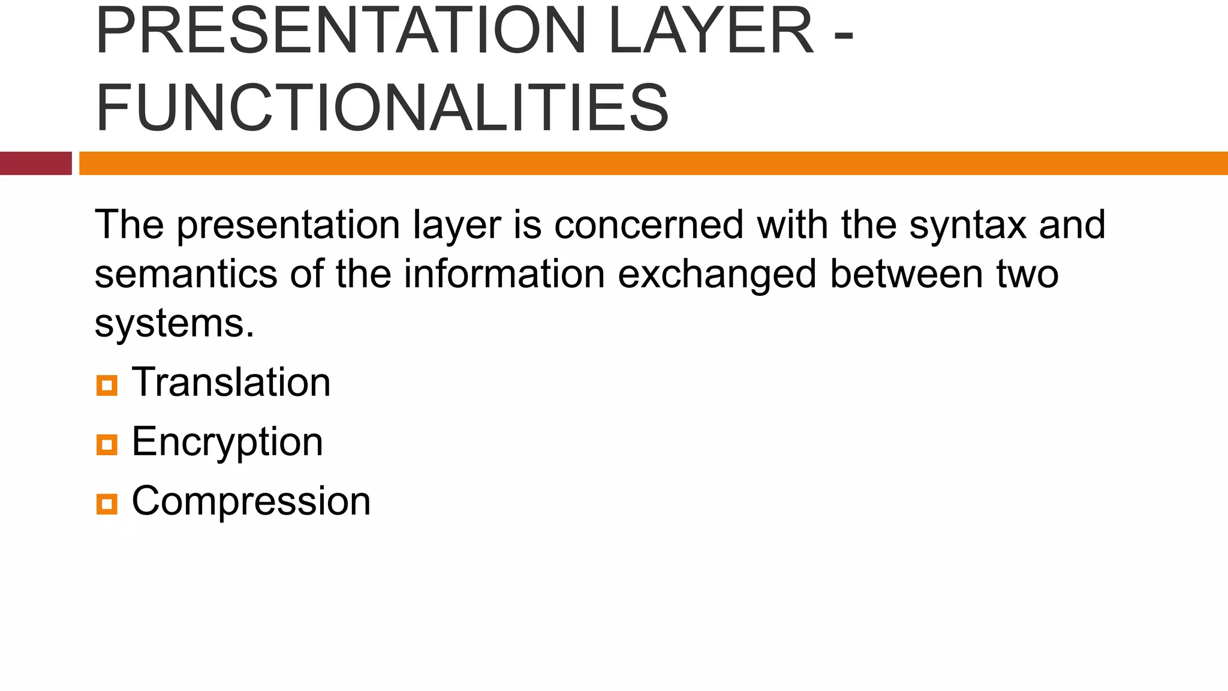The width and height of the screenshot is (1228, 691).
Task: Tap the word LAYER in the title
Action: (x=711, y=31)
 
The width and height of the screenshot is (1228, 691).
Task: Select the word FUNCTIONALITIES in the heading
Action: (x=382, y=108)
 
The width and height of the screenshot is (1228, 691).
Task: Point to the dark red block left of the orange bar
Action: (x=35, y=163)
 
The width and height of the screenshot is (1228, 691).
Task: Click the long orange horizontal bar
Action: (x=654, y=163)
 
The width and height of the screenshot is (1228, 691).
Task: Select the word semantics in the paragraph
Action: (x=186, y=274)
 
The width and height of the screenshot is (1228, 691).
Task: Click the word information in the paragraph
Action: (x=504, y=274)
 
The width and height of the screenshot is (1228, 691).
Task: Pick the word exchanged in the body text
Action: (x=717, y=274)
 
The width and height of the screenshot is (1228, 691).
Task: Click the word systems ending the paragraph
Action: (x=174, y=324)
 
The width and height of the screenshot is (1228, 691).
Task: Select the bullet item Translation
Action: (x=231, y=382)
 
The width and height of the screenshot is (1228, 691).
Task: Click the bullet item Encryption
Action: (x=227, y=442)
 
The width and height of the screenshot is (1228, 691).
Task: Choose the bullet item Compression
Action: (x=251, y=501)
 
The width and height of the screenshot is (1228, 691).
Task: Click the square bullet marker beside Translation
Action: (x=107, y=385)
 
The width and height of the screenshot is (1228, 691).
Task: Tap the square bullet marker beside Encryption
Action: (x=107, y=444)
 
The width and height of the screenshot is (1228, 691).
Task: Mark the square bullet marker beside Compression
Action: (x=107, y=503)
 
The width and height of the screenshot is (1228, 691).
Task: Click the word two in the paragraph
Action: (x=1028, y=274)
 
